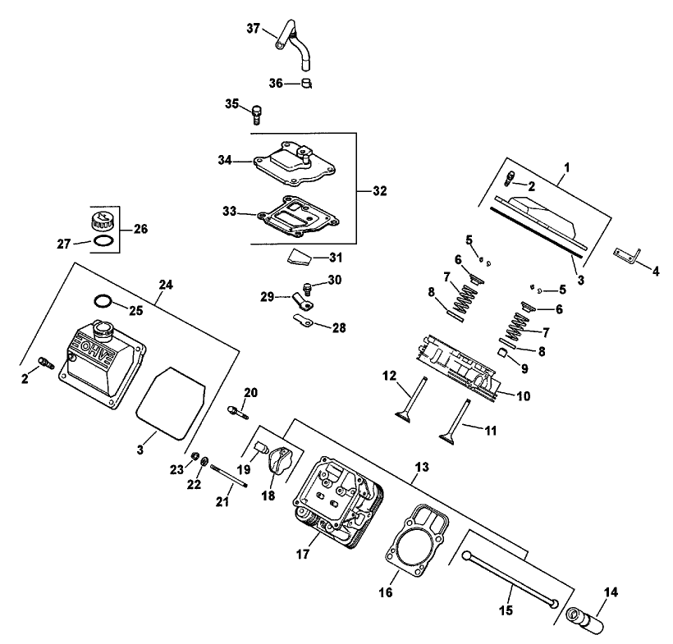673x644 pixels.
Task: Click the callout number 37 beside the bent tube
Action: (x=252, y=29)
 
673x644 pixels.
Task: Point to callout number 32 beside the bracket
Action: (x=378, y=190)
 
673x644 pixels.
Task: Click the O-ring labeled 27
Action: (x=103, y=241)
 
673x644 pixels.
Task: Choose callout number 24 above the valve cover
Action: (x=167, y=285)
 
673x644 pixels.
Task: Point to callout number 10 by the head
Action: (x=522, y=395)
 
